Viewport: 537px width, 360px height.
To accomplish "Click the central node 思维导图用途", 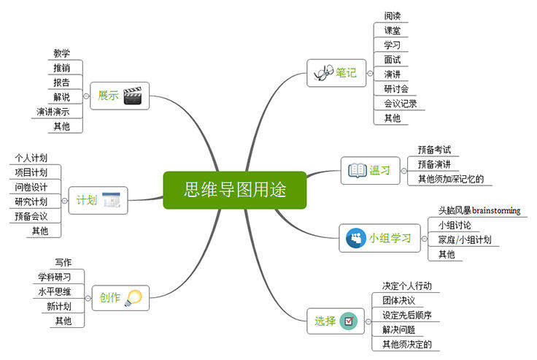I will tap(234, 190).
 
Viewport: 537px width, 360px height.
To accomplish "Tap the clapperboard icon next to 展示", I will tap(132, 96).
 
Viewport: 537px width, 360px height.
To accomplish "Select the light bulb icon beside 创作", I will tap(132, 297).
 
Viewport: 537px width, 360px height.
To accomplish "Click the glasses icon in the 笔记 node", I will tap(323, 73).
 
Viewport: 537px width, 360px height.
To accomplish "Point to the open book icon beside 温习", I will tap(357, 170).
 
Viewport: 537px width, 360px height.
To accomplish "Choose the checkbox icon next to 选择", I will tap(348, 321).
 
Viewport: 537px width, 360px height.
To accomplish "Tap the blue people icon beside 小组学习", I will tap(355, 238).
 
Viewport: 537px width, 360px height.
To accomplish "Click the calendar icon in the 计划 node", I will tap(111, 199).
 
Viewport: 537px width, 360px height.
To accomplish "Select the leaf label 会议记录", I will tap(401, 104).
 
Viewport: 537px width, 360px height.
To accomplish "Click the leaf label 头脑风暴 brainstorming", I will tap(479, 210).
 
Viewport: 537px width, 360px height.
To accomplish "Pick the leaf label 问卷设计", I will tap(31, 187).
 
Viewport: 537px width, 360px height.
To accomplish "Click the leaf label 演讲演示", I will tap(53, 112).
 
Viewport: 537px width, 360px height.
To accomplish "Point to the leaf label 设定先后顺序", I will tap(407, 315).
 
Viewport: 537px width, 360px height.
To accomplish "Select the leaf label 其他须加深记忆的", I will tap(450, 179).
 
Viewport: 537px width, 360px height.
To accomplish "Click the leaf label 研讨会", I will tap(396, 89).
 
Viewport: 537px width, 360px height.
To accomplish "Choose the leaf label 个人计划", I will tap(31, 158).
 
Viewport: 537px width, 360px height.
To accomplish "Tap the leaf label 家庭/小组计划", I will tap(464, 240).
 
